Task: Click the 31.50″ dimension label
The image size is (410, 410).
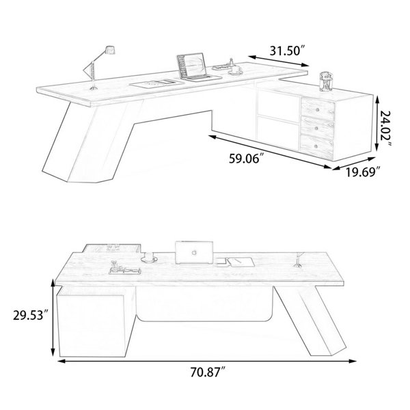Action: tap(288, 51)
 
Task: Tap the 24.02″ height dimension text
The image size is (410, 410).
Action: tap(385, 129)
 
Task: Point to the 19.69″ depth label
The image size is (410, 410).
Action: tap(362, 172)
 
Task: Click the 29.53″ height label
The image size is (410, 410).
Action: tap(31, 315)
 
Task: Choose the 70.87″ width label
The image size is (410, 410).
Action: tap(208, 372)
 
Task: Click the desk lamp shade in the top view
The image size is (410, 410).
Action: tap(110, 50)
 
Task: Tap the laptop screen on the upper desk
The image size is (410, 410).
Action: tap(191, 65)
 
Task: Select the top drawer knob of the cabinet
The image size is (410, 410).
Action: tap(318, 109)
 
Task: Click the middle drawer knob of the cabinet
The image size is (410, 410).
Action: tap(317, 128)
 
